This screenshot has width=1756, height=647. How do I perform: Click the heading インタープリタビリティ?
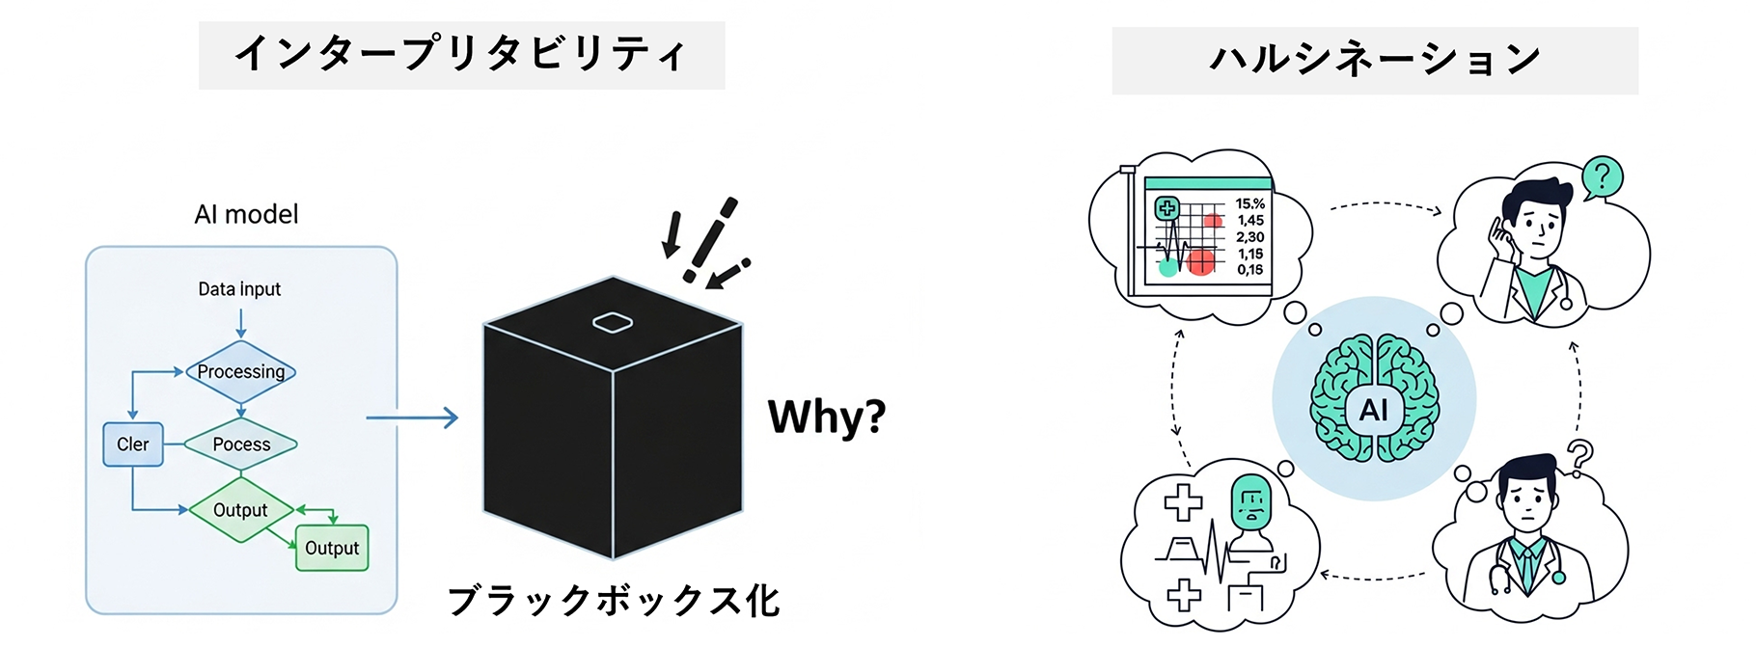pyautogui.click(x=461, y=55)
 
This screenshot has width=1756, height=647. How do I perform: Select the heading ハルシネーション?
pyautogui.click(x=1374, y=60)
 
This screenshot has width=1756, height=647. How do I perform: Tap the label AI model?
pyautogui.click(x=246, y=214)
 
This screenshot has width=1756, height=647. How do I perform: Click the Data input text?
pyautogui.click(x=239, y=289)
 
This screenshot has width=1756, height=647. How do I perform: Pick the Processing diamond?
pyautogui.click(x=240, y=372)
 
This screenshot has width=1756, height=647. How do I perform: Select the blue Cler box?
pyautogui.click(x=133, y=445)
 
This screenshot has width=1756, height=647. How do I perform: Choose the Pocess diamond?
pyautogui.click(x=240, y=445)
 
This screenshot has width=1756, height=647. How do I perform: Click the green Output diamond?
pyautogui.click(x=240, y=510)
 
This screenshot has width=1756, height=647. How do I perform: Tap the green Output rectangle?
pyautogui.click(x=332, y=548)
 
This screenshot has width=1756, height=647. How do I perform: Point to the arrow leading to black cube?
pyautogui.click(x=412, y=418)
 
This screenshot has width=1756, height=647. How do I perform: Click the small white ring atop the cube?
pyautogui.click(x=613, y=323)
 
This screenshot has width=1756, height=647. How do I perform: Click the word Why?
pyautogui.click(x=826, y=418)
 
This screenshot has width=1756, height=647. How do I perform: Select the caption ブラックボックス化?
pyautogui.click(x=614, y=601)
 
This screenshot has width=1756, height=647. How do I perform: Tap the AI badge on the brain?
pyautogui.click(x=1373, y=410)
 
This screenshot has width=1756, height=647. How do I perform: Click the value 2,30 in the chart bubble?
pyautogui.click(x=1250, y=237)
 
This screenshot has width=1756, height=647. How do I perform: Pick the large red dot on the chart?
pyautogui.click(x=1200, y=261)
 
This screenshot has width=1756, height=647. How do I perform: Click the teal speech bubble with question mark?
pyautogui.click(x=1602, y=177)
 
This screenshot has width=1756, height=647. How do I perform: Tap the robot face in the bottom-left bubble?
pyautogui.click(x=1251, y=503)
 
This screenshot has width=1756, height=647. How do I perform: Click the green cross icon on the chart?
pyautogui.click(x=1167, y=207)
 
